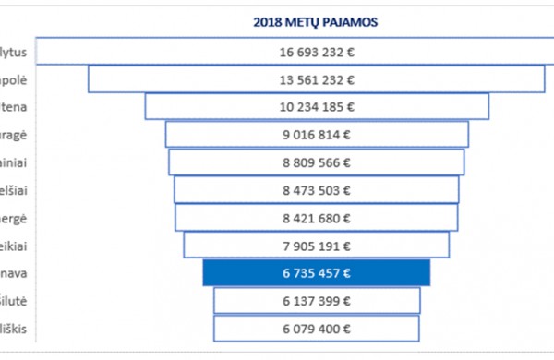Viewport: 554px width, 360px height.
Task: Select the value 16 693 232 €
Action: pyautogui.click(x=317, y=52)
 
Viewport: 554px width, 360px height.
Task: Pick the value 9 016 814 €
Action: pyautogui.click(x=317, y=135)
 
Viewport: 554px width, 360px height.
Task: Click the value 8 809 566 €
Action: pyautogui.click(x=317, y=162)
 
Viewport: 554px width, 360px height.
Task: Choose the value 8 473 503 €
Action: pyautogui.click(x=317, y=190)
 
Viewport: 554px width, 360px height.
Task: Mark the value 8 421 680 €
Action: pyautogui.click(x=317, y=218)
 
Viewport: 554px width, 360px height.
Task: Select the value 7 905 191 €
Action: pyautogui.click(x=317, y=246)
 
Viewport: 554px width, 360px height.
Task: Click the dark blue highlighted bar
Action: pyautogui.click(x=317, y=273)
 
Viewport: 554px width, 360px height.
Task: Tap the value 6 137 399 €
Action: pyautogui.click(x=317, y=301)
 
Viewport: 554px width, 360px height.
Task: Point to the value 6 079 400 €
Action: pyautogui.click(x=317, y=329)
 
